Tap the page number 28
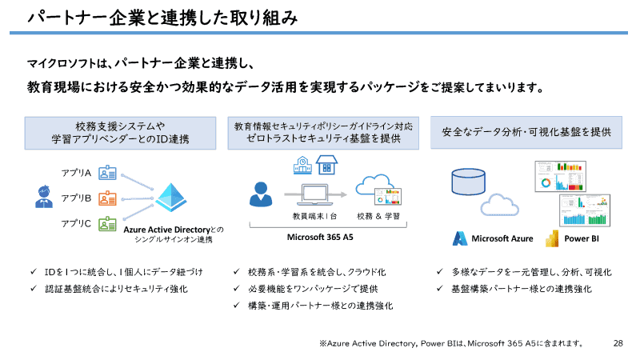coord(618,343)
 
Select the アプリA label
coord(77,173)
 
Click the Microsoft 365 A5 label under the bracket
coord(320,238)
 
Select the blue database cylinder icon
coord(468,182)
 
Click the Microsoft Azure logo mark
coord(460,238)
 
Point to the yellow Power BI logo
coord(550,238)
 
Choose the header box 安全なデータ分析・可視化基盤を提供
coord(526,132)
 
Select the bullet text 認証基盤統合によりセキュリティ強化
coord(116,288)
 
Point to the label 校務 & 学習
coord(378,217)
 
